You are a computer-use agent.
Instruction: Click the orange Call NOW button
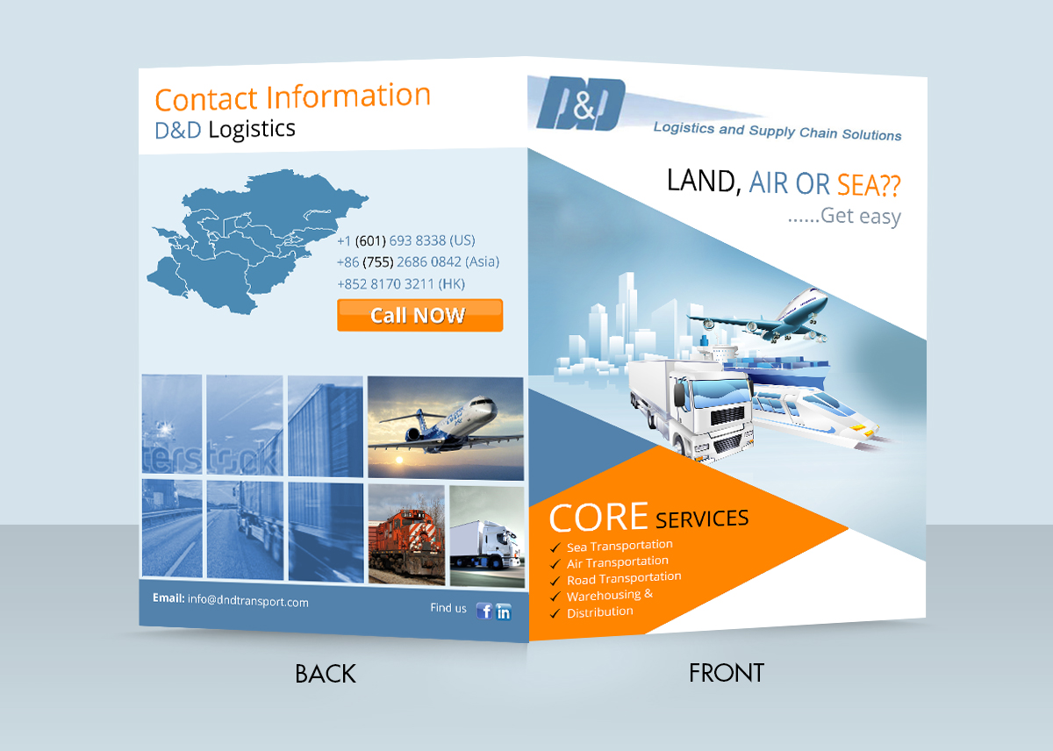pyautogui.click(x=419, y=315)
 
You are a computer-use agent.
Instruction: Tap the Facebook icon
pyautogui.click(x=484, y=611)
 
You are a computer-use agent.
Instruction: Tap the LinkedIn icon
pyautogui.click(x=504, y=612)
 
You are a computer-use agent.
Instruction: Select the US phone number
pyautogui.click(x=405, y=240)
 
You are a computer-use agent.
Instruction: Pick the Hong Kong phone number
pyautogui.click(x=400, y=283)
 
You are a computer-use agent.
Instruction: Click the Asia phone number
pyautogui.click(x=418, y=261)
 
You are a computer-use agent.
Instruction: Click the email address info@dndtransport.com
pyautogui.click(x=247, y=602)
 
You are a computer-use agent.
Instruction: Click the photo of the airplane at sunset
pyautogui.click(x=445, y=427)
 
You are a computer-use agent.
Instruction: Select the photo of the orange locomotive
pyautogui.click(x=406, y=535)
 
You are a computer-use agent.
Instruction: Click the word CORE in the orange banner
pyautogui.click(x=598, y=517)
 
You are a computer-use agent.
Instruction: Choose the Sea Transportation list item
pyautogui.click(x=620, y=547)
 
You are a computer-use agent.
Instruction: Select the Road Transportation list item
pyautogui.click(x=624, y=578)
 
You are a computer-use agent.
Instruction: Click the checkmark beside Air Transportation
pyautogui.click(x=555, y=565)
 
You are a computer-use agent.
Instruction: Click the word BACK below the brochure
pyautogui.click(x=326, y=674)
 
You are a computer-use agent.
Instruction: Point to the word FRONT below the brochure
pyautogui.click(x=727, y=673)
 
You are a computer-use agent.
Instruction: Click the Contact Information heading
pyautogui.click(x=292, y=97)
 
